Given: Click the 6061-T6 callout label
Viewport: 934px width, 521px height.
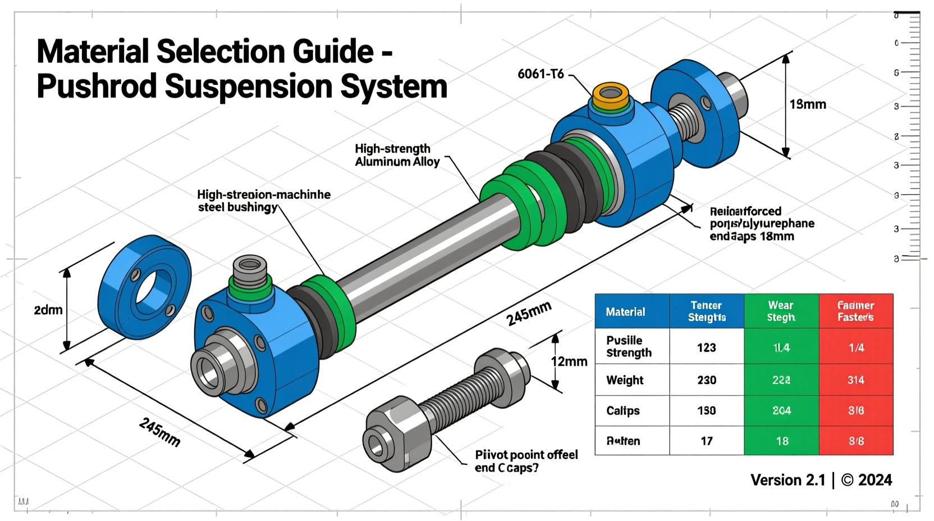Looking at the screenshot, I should [540, 74].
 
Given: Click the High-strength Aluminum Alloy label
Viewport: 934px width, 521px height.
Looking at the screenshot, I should [397, 156].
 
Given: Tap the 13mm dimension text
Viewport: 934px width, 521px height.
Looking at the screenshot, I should [807, 104].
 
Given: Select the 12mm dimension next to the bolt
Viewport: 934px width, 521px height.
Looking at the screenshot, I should [569, 362].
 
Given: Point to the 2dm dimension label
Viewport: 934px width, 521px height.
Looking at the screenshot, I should [48, 310].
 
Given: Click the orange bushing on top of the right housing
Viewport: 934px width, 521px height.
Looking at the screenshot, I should [611, 95].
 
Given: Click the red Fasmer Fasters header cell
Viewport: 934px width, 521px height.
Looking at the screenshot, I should [855, 312].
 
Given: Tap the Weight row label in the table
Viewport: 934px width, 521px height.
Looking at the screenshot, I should [625, 380].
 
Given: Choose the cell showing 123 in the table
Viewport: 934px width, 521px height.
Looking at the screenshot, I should [706, 348].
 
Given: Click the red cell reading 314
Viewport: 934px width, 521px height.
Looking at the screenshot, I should [855, 380].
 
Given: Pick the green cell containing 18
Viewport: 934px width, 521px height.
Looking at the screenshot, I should [781, 441].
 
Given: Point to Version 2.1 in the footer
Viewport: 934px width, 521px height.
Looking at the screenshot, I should [788, 480].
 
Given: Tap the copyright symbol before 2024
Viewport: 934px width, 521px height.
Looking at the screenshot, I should [847, 480].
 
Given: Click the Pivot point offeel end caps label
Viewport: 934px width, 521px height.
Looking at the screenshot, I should [526, 461].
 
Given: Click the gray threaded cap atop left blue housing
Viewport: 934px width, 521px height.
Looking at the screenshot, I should [250, 269].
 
